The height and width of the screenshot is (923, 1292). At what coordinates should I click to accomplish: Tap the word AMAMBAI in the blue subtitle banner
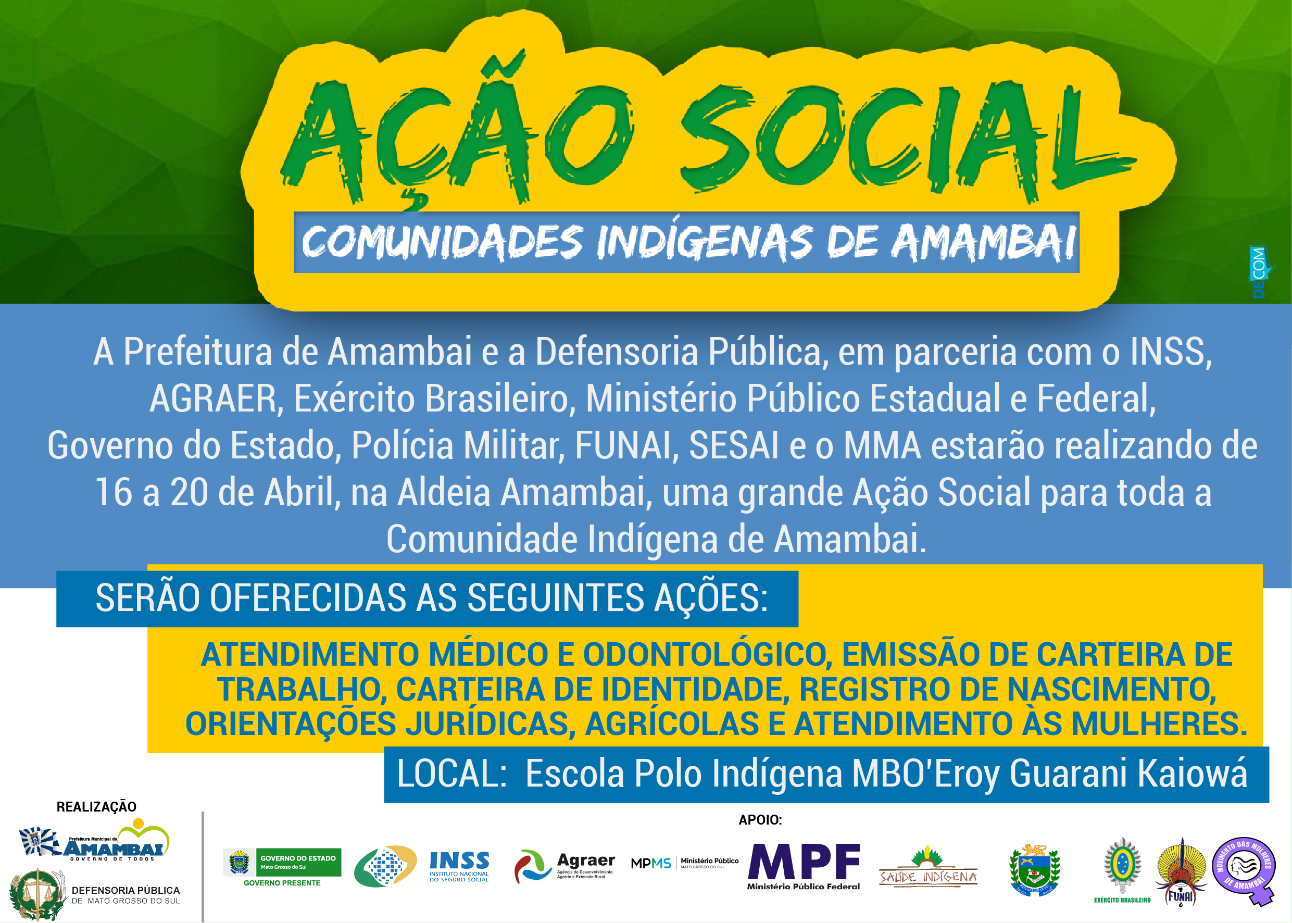(983, 243)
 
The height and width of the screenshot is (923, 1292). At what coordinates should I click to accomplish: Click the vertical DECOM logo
(1259, 272)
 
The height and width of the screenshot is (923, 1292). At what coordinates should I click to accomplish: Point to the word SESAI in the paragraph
(734, 445)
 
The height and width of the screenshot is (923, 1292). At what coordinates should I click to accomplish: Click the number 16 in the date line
(113, 492)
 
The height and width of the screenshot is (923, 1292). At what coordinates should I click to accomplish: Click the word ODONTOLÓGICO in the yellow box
(705, 654)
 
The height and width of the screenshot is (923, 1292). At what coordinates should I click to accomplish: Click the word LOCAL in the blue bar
(451, 774)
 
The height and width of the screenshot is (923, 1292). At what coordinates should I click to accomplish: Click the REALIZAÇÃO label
(96, 807)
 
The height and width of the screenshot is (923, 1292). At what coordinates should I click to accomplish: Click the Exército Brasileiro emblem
(1122, 867)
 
